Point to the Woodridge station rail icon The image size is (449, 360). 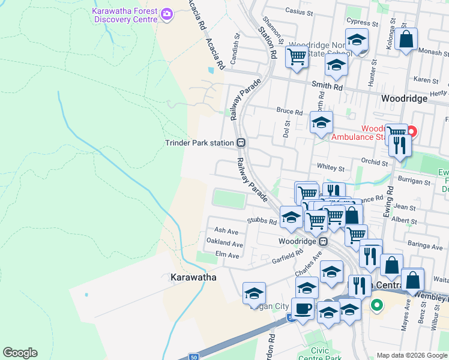tap(324, 242)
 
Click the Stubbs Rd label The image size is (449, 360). tap(264, 221)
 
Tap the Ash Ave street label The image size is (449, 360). tap(226, 231)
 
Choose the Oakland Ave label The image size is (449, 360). tap(224, 244)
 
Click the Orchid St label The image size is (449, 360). tap(375, 162)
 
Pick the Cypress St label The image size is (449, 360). tap(362, 23)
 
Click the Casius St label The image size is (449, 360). tap(300, 11)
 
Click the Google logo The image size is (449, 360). tap(20, 353)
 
